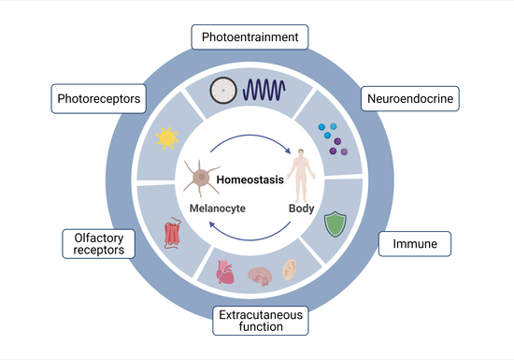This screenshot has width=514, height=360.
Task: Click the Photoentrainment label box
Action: pyautogui.click(x=250, y=37)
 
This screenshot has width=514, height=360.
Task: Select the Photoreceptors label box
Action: pyautogui.click(x=99, y=99)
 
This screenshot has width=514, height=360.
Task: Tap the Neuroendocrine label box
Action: pyautogui.click(x=410, y=99)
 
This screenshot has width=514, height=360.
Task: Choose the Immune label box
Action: pyautogui.click(x=415, y=244)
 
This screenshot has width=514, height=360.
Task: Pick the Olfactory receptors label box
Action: pyautogui.click(x=99, y=244)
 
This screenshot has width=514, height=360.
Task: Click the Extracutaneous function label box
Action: pyautogui.click(x=261, y=321)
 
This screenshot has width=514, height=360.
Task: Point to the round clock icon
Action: pyautogui.click(x=223, y=91)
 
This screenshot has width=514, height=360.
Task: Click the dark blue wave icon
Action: pyautogui.click(x=264, y=90)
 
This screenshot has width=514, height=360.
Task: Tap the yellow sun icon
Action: pyautogui.click(x=167, y=138)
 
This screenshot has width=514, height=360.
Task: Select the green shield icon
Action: pyautogui.click(x=335, y=224)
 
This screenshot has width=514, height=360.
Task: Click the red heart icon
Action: pyautogui.click(x=225, y=272)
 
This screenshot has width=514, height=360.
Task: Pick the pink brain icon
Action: pyautogui.click(x=260, y=277)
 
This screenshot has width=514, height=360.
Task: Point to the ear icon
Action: pyautogui.click(x=290, y=270)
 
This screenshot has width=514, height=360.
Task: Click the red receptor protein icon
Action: pyautogui.click(x=173, y=233)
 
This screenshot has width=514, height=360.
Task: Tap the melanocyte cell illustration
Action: pyautogui.click(x=201, y=178)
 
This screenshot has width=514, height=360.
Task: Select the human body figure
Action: pyautogui.click(x=301, y=176)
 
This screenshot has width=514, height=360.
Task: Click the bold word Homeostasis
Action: pyautogui.click(x=250, y=180)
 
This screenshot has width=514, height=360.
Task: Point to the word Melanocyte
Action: pyautogui.click(x=218, y=209)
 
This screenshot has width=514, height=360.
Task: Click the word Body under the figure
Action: pyautogui.click(x=301, y=209)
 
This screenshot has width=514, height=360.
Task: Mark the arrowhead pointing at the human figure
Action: pyautogui.click(x=288, y=151)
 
